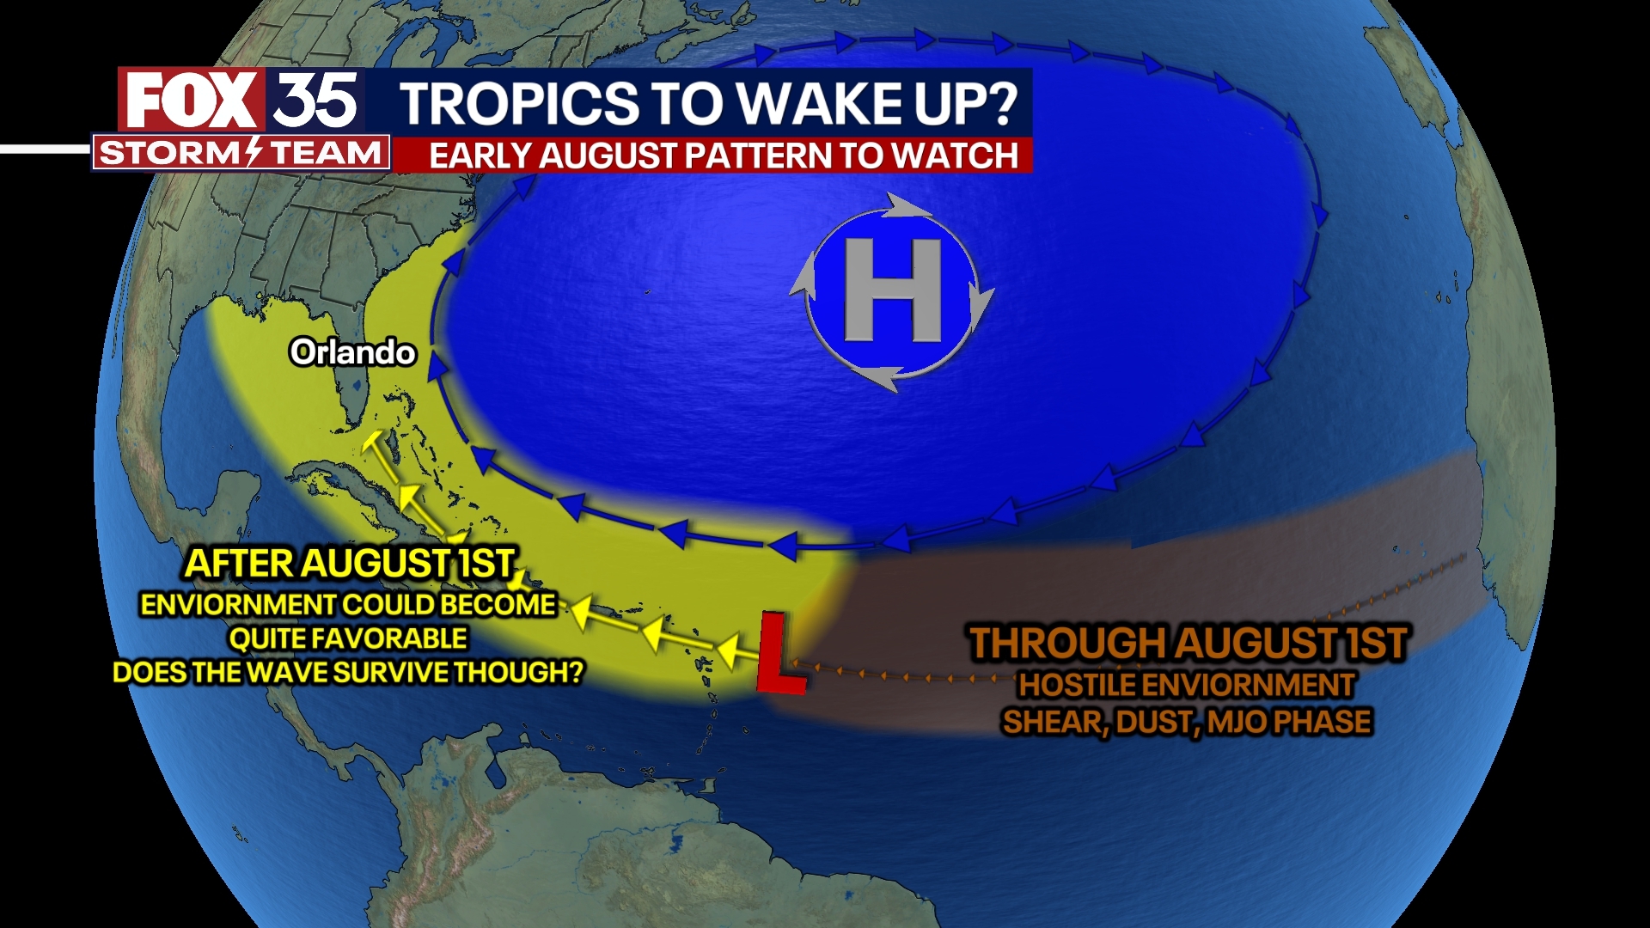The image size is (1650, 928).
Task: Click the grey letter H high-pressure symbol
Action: [893, 290]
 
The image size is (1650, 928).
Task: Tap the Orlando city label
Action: [352, 352]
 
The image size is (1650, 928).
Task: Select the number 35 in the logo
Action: [315, 101]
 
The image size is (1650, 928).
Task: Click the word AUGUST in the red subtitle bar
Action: [608, 156]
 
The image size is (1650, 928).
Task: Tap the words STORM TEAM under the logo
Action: [241, 154]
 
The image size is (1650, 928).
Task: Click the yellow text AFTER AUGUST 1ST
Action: [351, 564]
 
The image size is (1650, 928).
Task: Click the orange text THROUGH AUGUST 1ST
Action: [1188, 643]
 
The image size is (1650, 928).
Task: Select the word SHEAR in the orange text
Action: [1053, 722]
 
